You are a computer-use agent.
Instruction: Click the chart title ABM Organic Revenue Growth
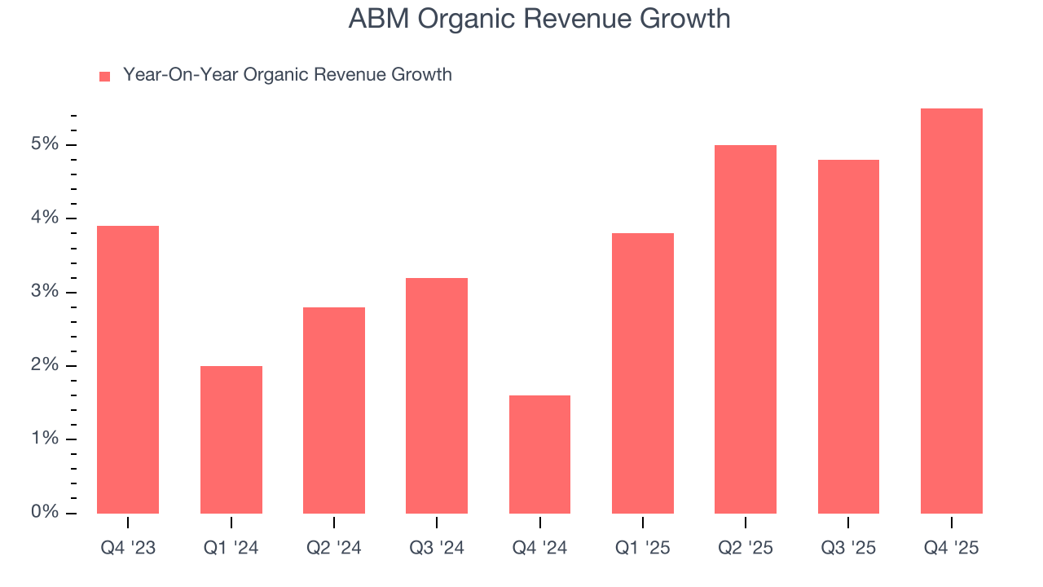click(539, 19)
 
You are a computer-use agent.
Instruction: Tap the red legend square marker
click(104, 76)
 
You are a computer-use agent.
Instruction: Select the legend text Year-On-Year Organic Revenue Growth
click(287, 75)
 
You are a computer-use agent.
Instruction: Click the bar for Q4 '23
click(128, 369)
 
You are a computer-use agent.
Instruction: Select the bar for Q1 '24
click(231, 439)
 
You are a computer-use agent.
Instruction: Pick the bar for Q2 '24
click(334, 410)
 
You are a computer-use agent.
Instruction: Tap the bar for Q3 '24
click(437, 395)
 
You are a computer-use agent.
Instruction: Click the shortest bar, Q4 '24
click(539, 454)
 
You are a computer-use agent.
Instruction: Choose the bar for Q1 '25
click(643, 373)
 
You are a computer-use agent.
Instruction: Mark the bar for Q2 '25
click(746, 329)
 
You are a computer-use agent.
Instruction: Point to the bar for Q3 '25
click(848, 337)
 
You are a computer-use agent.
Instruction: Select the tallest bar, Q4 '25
click(951, 311)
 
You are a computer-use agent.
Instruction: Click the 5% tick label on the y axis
click(46, 145)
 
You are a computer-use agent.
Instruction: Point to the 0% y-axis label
click(46, 513)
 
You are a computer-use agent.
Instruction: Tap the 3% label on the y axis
click(46, 292)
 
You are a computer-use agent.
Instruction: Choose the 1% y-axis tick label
click(46, 439)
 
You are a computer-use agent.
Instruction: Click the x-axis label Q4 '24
click(539, 548)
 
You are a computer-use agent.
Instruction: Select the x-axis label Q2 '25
click(746, 548)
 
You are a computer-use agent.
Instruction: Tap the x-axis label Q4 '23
click(128, 548)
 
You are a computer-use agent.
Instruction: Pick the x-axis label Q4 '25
click(951, 548)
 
